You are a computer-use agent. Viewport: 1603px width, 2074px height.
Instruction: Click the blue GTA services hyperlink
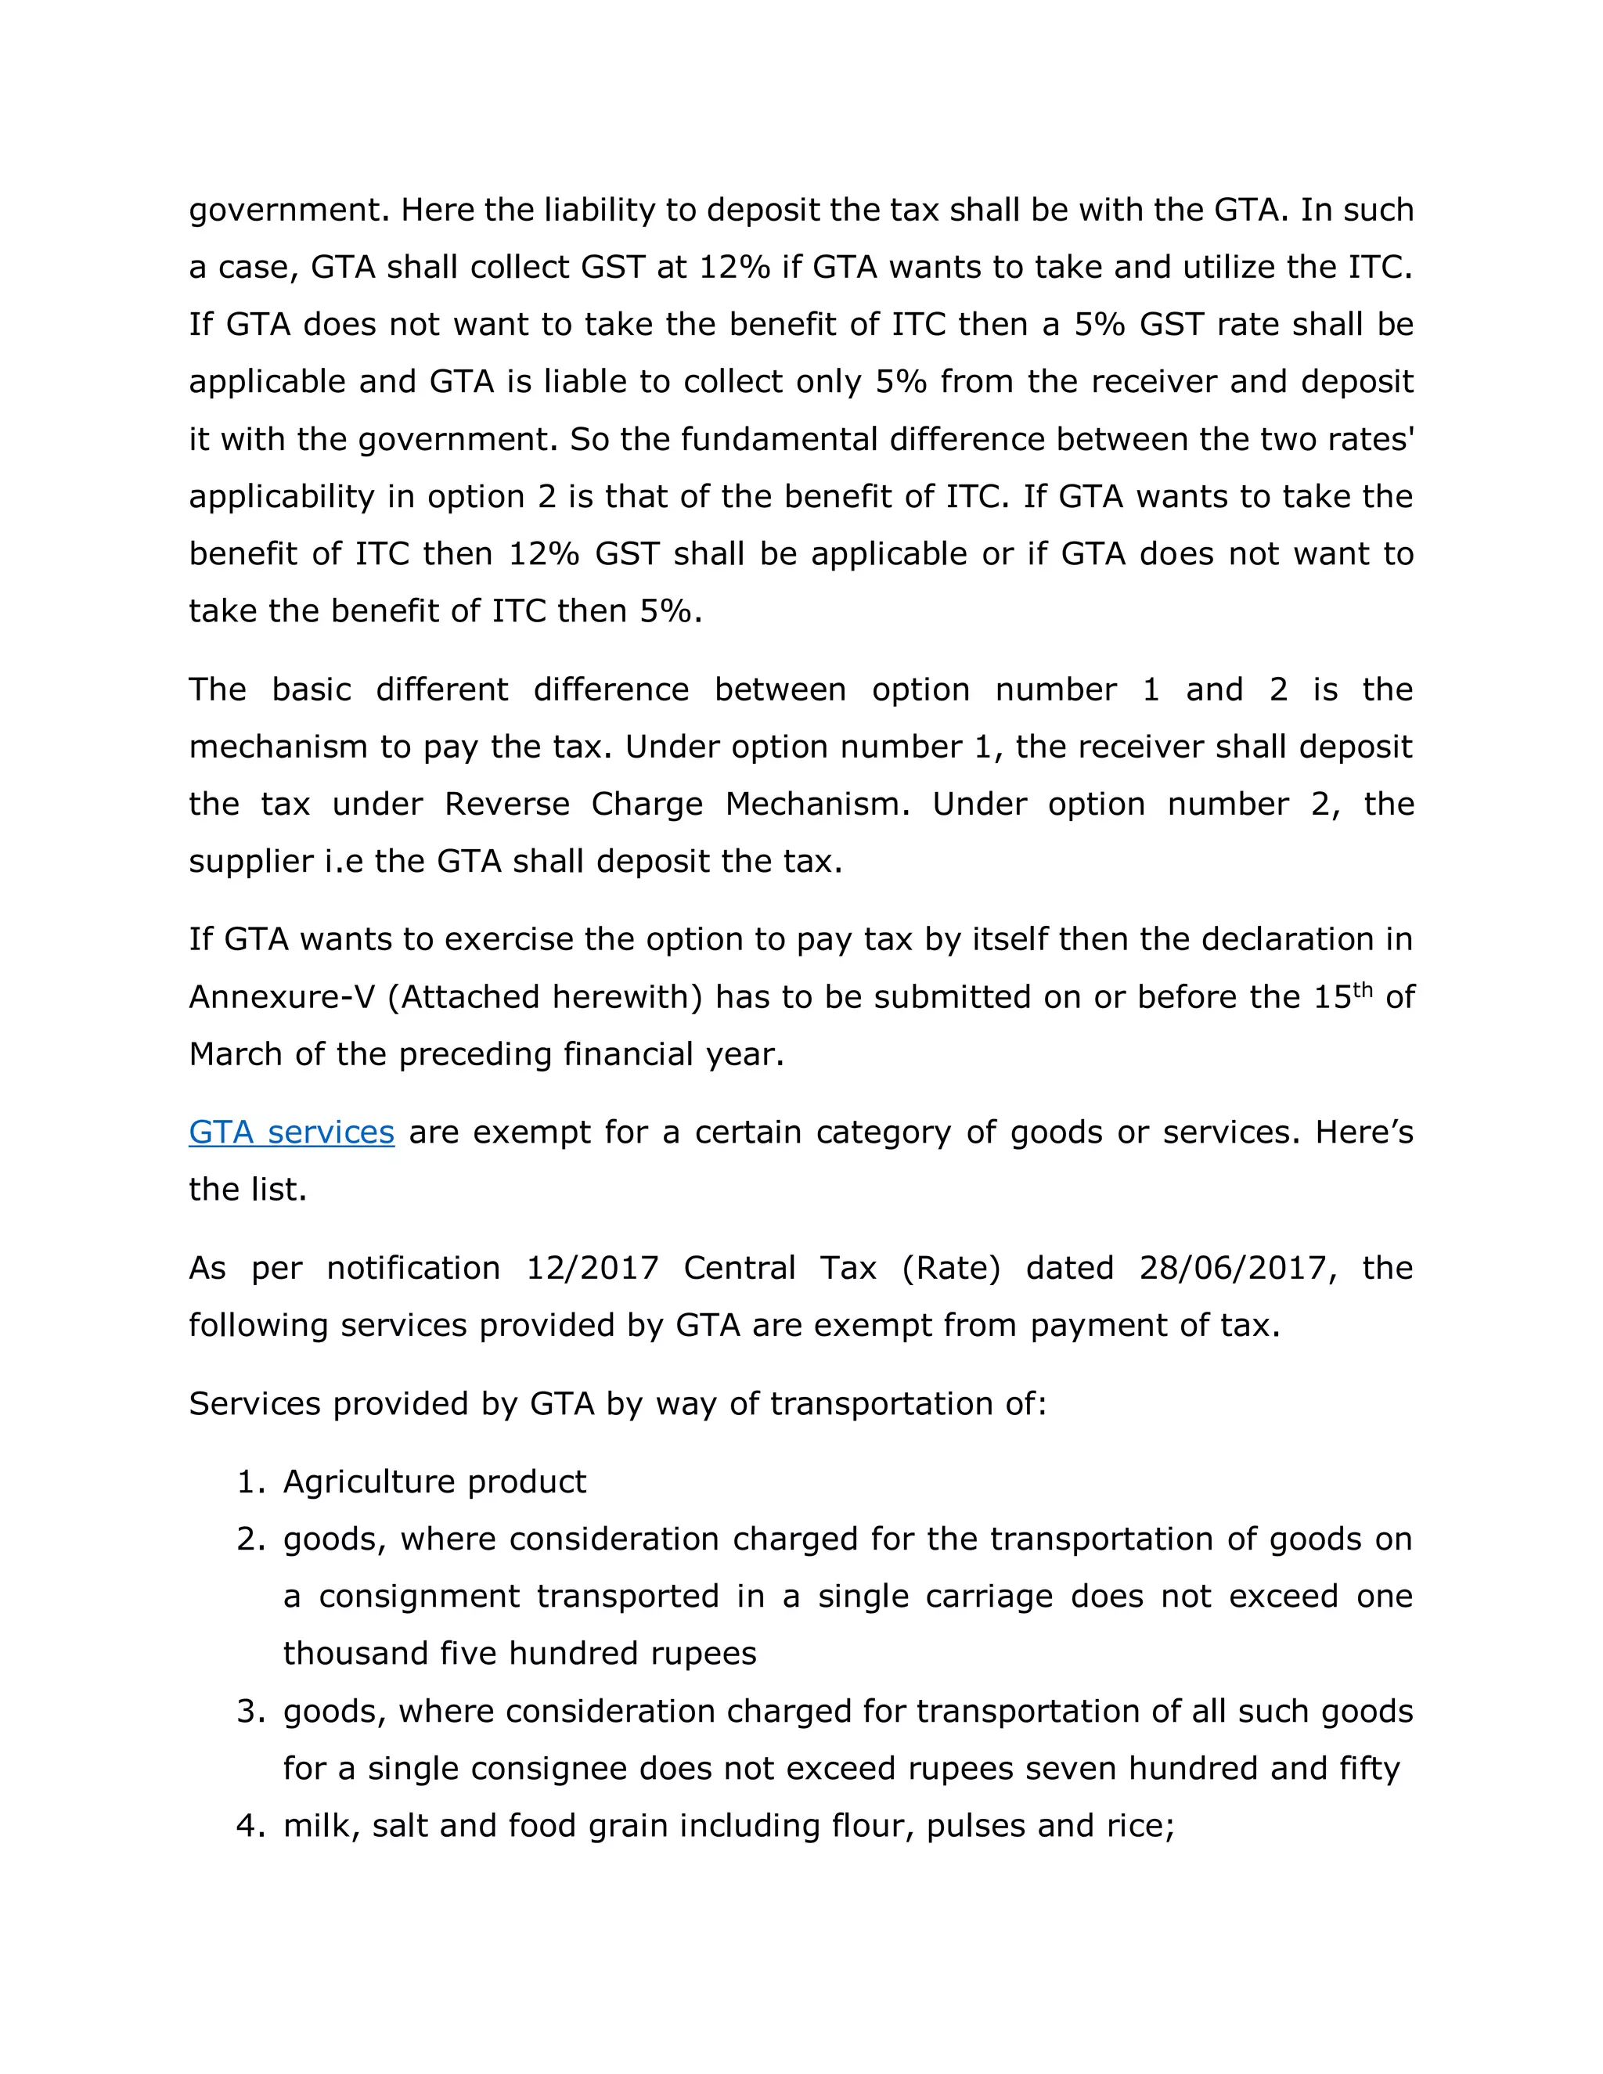pos(290,1132)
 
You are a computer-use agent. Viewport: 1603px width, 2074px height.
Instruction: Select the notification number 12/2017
pos(592,1268)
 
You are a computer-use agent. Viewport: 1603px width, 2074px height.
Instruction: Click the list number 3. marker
pos(250,1711)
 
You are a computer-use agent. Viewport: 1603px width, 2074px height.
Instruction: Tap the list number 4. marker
pos(250,1825)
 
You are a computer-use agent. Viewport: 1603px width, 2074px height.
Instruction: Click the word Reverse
pos(507,804)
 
